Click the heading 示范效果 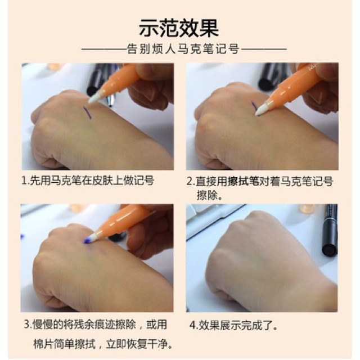[179, 28]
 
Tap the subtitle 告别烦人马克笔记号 [183, 49]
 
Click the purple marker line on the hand [87, 112]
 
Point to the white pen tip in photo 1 [94, 98]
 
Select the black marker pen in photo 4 [329, 230]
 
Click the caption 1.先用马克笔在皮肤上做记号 [88, 181]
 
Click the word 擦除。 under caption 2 [209, 195]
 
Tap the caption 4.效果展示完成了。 [233, 325]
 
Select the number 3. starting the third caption [28, 325]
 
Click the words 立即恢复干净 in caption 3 [136, 345]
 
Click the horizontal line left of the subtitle [104, 49]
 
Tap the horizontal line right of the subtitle [264, 49]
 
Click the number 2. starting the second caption [191, 181]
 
